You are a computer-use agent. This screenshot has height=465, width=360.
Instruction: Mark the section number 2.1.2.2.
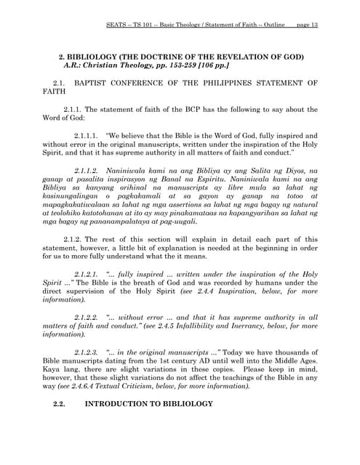[87, 317]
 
